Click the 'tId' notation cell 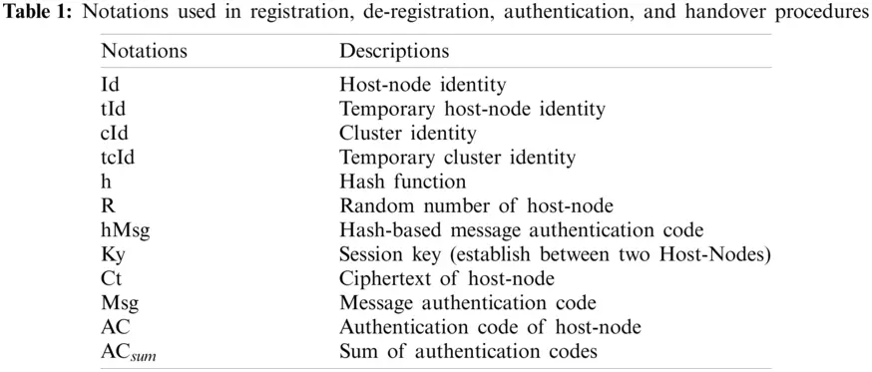pos(113,109)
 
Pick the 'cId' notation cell pos(115,133)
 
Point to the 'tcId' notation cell pos(118,157)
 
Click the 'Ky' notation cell pos(113,253)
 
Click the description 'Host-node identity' pos(408,85)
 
